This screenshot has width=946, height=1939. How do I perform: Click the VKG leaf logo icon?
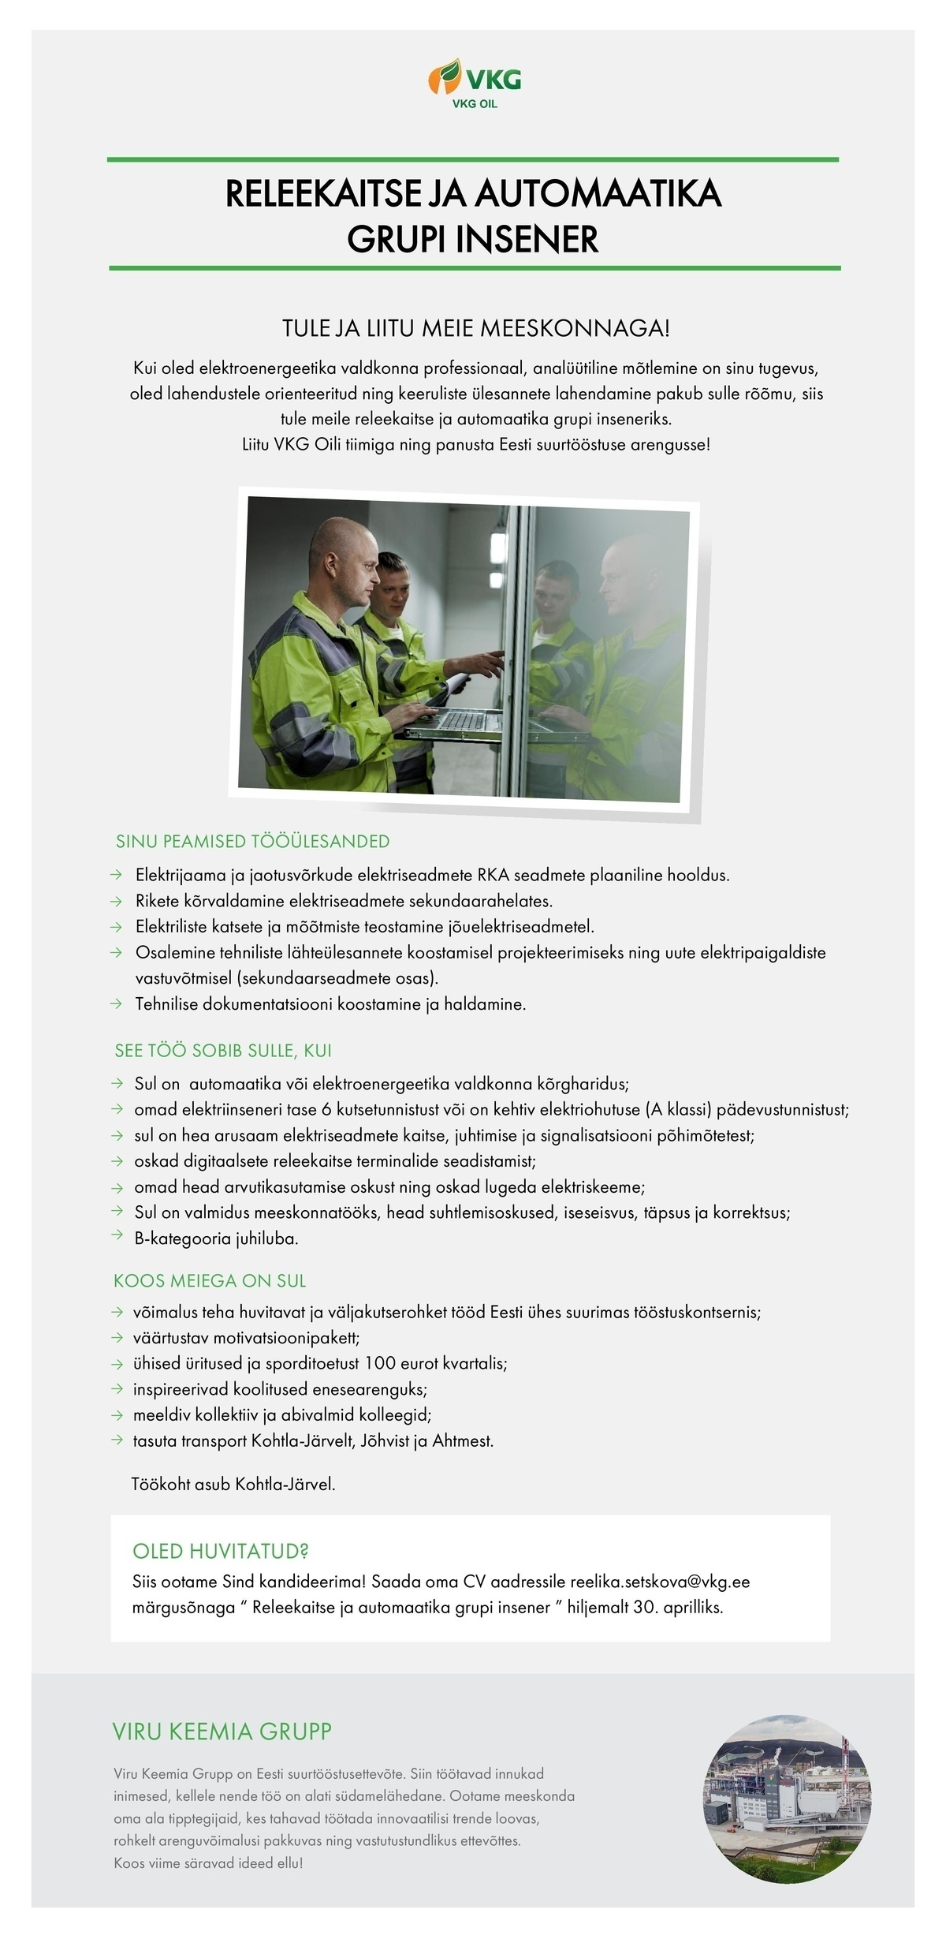pos(445,76)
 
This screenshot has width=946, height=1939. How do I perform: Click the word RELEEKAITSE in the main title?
pos(318,194)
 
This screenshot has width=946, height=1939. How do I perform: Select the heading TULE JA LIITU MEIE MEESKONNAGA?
pos(475,328)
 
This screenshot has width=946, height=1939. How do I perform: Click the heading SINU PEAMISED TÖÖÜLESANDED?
pos(252,841)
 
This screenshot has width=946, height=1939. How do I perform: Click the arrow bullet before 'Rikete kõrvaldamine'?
pos(117,901)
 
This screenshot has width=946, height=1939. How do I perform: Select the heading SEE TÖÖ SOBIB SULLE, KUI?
pos(223,1051)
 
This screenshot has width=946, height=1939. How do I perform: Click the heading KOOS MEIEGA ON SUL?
pos(210,1281)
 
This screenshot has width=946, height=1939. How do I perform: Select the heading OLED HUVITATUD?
pos(221,1552)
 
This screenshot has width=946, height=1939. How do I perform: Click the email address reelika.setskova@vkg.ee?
pos(660,1582)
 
